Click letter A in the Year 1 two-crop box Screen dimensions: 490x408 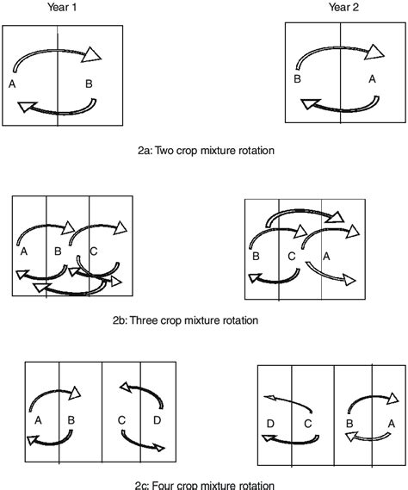[x=11, y=84]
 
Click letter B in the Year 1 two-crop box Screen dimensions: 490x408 [x=89, y=84]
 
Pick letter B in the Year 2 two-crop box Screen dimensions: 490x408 [x=296, y=78]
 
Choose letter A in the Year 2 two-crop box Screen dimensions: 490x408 [x=372, y=78]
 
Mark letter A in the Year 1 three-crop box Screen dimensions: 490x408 [x=22, y=251]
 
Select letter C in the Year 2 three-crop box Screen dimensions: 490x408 [x=293, y=256]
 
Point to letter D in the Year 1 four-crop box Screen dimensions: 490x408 [x=157, y=420]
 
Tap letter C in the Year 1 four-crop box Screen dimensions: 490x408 [x=121, y=420]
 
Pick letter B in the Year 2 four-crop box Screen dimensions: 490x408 [x=350, y=425]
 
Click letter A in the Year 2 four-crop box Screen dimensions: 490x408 [x=391, y=425]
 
